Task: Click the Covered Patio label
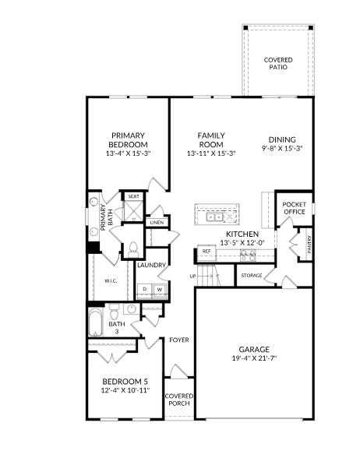click(x=277, y=63)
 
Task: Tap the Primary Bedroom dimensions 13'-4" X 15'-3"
click(x=129, y=153)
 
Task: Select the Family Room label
click(x=210, y=139)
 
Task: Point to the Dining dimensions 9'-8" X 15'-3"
click(x=281, y=148)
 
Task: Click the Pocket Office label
click(x=294, y=208)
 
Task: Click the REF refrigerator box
click(x=206, y=252)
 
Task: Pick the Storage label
click(x=251, y=276)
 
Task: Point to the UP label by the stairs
click(x=192, y=277)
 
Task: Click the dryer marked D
click(x=145, y=290)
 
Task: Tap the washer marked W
click(x=159, y=290)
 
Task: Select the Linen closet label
click(x=156, y=223)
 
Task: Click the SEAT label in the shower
click(x=133, y=197)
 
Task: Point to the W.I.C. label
click(x=110, y=282)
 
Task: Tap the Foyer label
click(x=179, y=340)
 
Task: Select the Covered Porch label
click(x=178, y=400)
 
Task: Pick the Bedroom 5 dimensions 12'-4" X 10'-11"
click(x=125, y=390)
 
